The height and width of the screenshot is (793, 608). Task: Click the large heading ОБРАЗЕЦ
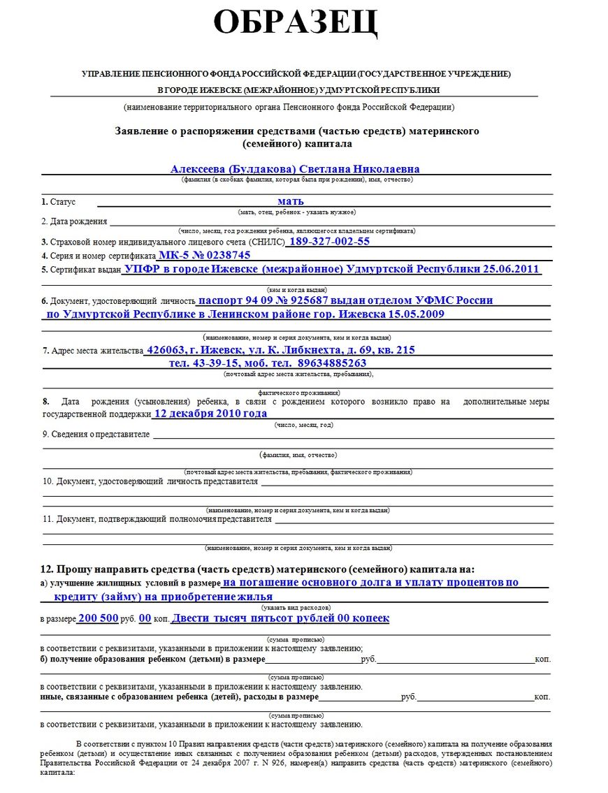(x=296, y=23)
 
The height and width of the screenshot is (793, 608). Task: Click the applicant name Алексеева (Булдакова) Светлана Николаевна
(x=295, y=169)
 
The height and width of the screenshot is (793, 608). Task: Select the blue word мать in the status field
(x=290, y=201)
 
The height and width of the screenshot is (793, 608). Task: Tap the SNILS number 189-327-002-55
(x=329, y=241)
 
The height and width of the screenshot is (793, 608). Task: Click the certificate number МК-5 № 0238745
(x=204, y=255)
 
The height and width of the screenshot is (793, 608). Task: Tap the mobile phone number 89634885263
(x=332, y=363)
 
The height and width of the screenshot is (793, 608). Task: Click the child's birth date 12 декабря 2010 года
(x=210, y=414)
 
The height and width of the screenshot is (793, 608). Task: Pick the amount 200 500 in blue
(x=98, y=618)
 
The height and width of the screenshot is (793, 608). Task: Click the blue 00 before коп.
(x=145, y=618)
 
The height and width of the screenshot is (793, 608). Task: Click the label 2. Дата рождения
(x=74, y=221)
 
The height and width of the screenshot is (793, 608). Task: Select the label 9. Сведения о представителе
(x=96, y=435)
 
